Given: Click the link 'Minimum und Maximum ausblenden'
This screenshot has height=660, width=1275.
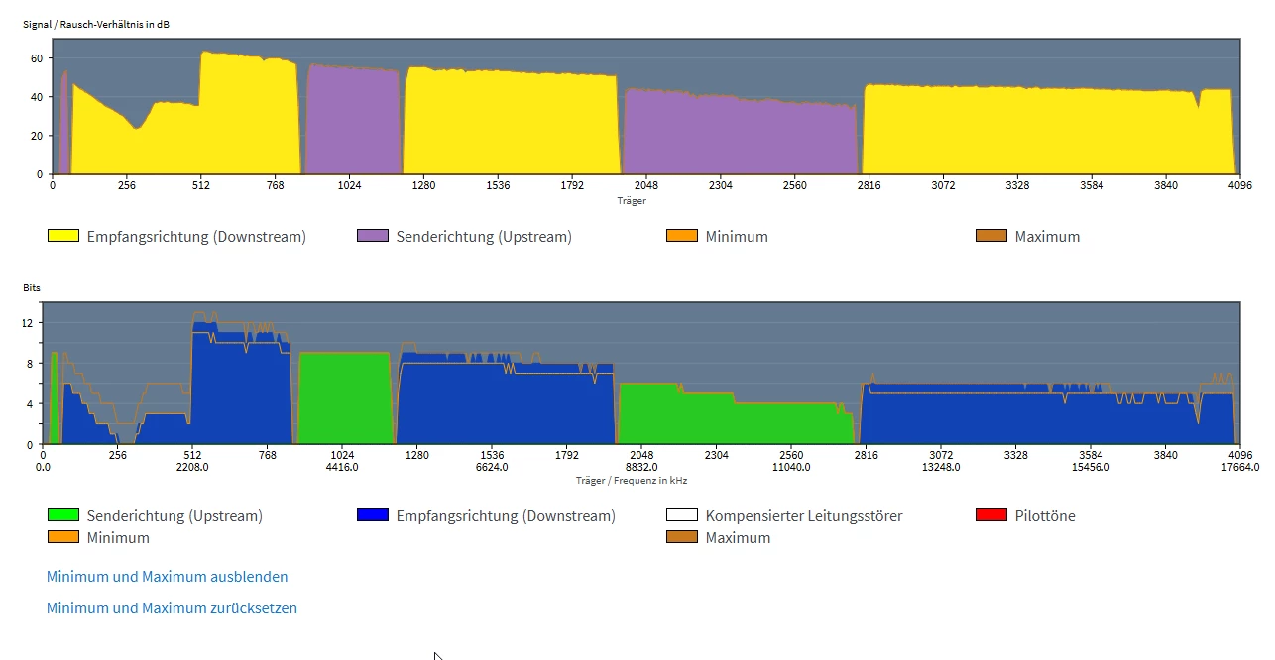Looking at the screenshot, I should tap(168, 577).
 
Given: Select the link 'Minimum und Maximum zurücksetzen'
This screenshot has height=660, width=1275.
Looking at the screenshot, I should tap(172, 608).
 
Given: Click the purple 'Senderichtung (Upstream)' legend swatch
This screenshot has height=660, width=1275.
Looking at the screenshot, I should tap(373, 236).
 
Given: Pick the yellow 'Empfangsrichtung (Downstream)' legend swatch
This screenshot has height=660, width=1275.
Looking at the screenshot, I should tap(63, 236).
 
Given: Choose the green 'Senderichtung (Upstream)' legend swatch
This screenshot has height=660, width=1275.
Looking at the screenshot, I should tap(63, 515).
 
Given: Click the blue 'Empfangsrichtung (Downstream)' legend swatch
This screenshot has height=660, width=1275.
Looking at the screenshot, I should tap(373, 515).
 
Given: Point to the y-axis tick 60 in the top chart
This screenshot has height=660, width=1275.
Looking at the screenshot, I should tap(36, 58).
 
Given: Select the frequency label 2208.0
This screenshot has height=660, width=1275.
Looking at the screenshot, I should tap(192, 467).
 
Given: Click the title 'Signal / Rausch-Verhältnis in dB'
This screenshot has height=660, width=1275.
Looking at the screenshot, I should tap(96, 24).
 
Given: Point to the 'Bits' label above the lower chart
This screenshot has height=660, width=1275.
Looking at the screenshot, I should tap(32, 287).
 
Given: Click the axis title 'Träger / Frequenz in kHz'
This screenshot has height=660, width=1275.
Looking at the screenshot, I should tap(632, 480).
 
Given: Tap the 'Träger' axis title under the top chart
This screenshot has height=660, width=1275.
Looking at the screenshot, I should tap(632, 200).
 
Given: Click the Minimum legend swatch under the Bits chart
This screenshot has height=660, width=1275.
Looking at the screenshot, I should tap(63, 537).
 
